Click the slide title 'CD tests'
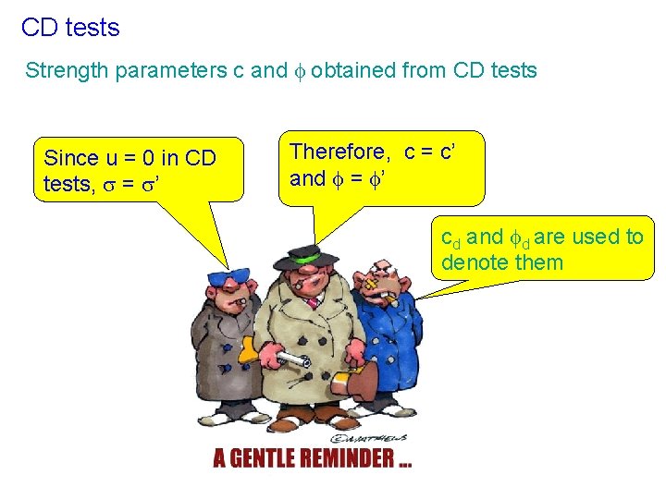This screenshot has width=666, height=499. [x=70, y=28]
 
